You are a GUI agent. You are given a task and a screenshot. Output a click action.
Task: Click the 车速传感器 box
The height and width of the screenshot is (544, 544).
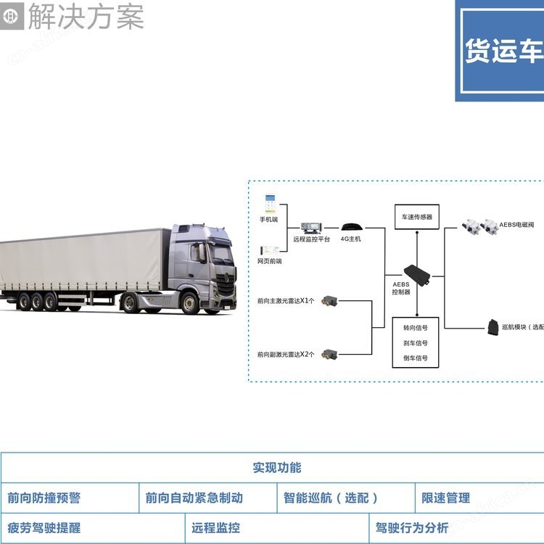(416, 217)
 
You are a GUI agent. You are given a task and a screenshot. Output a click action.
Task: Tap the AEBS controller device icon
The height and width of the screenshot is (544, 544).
(417, 272)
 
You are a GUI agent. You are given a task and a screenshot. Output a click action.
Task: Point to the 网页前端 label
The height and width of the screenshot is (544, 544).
(269, 260)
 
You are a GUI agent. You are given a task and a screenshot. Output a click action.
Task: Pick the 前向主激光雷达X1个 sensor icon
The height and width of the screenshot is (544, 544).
(332, 300)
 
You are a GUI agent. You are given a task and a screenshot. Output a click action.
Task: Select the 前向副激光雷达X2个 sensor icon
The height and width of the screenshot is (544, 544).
(332, 354)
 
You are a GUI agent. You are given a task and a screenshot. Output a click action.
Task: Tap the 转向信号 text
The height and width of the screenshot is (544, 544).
(416, 328)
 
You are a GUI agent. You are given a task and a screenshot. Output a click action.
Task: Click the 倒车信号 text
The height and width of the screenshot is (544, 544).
(416, 358)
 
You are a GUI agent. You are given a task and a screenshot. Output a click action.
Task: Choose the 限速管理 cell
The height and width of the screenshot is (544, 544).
(446, 498)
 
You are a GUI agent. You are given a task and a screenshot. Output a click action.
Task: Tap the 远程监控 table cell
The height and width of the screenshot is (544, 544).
(215, 528)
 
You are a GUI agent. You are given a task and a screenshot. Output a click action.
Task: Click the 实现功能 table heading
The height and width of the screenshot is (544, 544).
(276, 468)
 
